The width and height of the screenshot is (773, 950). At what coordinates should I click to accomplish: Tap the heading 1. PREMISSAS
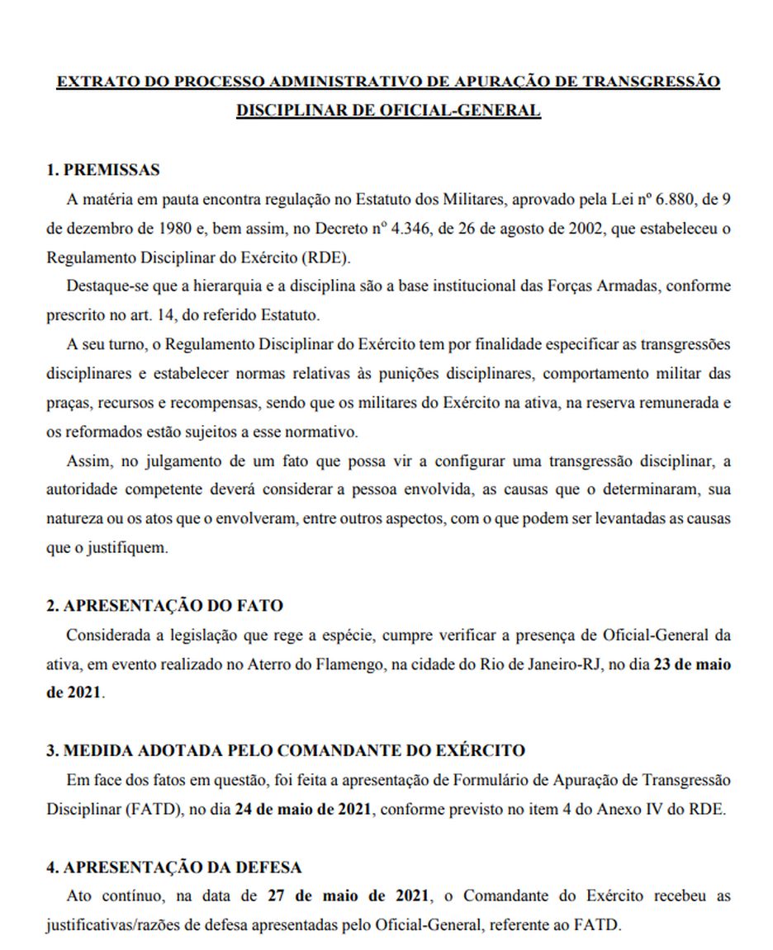(x=102, y=170)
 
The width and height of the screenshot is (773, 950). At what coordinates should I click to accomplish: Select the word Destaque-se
(x=99, y=286)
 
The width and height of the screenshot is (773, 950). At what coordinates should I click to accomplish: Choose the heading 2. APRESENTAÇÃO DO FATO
(x=164, y=605)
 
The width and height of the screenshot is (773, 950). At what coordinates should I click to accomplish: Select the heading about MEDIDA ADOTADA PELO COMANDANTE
(x=285, y=750)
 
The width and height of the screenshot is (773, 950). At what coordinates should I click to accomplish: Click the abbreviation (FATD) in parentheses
(x=149, y=809)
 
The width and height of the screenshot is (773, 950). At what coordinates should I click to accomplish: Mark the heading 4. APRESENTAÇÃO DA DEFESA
(x=173, y=867)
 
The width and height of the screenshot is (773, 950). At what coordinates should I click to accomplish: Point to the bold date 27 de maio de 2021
(x=349, y=896)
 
